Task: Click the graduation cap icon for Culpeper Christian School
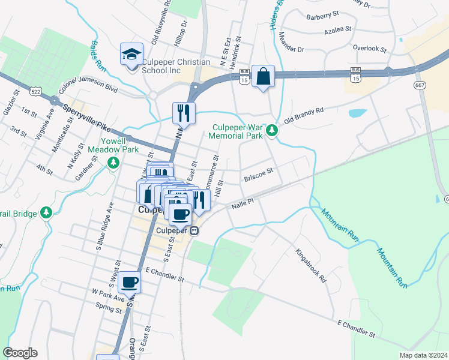132,55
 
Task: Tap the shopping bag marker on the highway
263,76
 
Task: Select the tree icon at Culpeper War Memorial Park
272,130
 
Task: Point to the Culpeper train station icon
194,231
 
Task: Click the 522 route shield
36,91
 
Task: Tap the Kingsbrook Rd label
312,266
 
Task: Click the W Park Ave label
108,295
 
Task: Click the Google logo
20,353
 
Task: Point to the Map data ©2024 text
423,355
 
